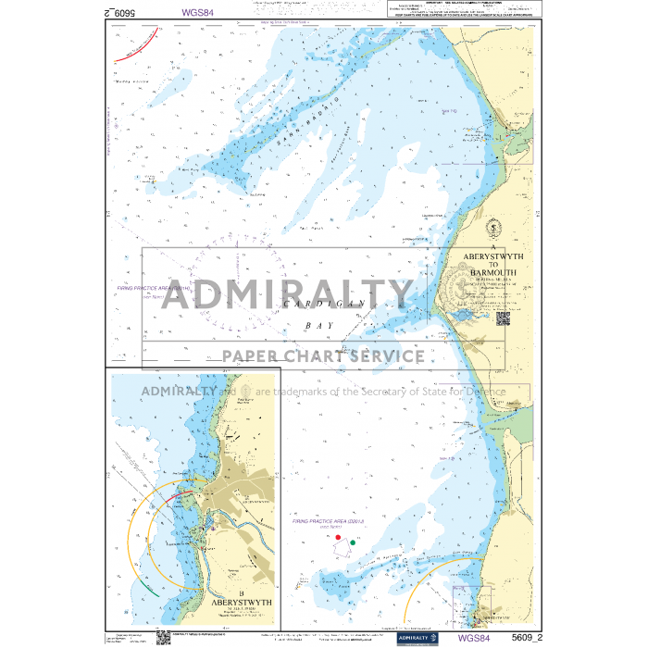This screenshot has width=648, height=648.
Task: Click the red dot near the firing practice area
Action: [338, 537]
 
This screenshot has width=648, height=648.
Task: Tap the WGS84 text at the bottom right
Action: [473, 638]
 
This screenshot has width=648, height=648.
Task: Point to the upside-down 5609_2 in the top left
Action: [121, 14]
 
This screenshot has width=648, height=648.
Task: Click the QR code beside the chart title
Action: [503, 318]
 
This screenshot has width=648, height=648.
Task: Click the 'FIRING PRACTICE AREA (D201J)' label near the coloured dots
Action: [329, 522]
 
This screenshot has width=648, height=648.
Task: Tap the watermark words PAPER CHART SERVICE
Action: [323, 356]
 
